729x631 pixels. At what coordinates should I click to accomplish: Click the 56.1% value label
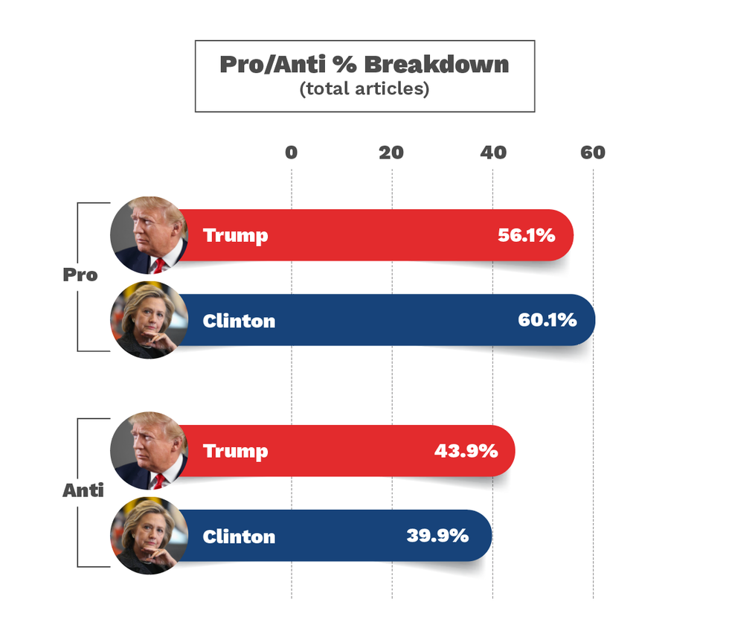pos(526,236)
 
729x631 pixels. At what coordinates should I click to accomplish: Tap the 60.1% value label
pos(547,321)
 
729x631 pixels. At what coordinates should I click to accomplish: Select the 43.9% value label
pos(466,451)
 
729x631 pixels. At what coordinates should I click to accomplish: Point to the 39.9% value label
pos(437,536)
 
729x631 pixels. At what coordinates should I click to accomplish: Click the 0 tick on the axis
pos(291,153)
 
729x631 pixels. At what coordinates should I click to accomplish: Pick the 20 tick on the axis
pos(391,153)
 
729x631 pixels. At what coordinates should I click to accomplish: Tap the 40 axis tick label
pos(492,153)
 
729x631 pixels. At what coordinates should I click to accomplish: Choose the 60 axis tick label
pos(593,153)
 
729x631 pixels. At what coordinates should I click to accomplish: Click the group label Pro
pos(80,275)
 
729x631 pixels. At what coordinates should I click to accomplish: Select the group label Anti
pos(83,490)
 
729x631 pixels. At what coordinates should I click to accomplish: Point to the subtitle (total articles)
pos(364,89)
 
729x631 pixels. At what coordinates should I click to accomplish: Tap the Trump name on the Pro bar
pos(235,236)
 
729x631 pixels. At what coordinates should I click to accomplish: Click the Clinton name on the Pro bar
pos(239,321)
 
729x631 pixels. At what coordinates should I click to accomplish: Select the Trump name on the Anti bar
pos(235,452)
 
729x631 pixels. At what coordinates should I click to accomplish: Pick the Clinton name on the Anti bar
pos(239,536)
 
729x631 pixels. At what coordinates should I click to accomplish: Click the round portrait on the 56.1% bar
pos(148,235)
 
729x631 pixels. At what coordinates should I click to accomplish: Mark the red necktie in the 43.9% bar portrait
pos(158,481)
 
